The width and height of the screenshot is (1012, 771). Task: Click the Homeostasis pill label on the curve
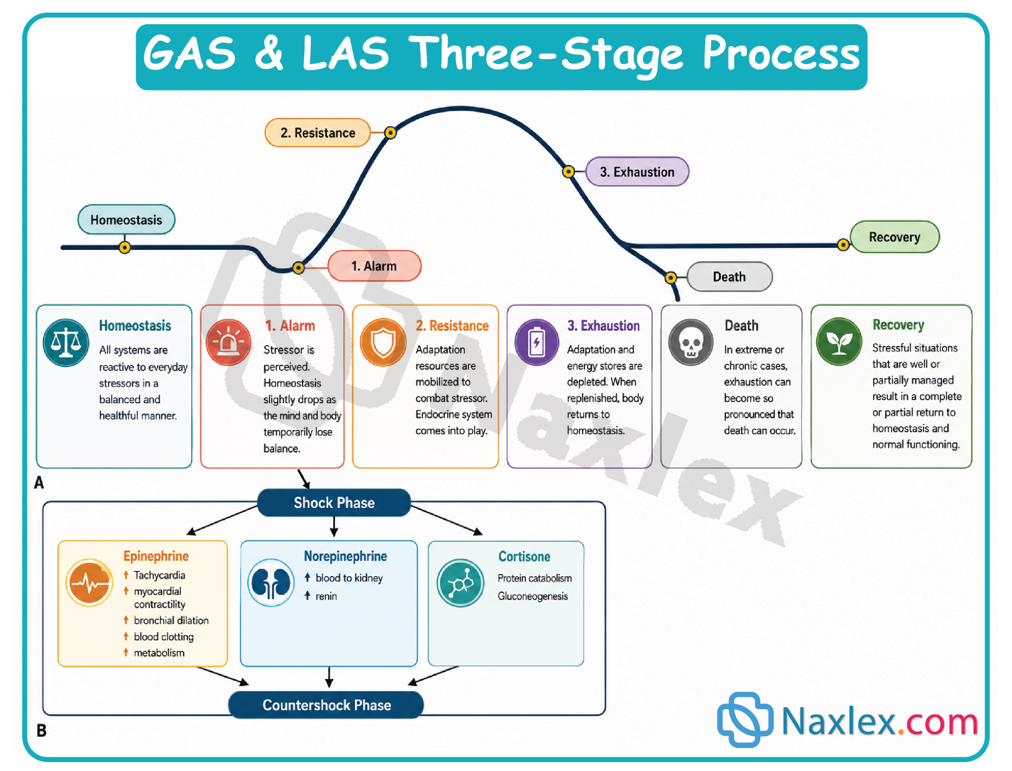point(126,219)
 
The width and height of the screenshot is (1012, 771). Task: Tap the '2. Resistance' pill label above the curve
point(317,132)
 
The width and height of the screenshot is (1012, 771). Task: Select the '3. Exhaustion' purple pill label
point(637,171)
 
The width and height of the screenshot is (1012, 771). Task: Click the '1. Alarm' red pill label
point(374,266)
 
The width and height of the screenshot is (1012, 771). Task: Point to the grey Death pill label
point(729,277)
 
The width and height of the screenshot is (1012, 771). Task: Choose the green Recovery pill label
point(894,237)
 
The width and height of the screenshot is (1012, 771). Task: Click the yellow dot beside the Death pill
point(671,278)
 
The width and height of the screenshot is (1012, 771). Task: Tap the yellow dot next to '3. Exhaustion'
point(568,171)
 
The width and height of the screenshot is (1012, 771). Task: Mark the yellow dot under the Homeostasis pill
point(125,247)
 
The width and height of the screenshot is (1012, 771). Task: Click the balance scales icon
point(66,342)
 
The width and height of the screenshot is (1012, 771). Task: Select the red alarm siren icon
point(228,342)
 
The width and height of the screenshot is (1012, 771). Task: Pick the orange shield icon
point(383,342)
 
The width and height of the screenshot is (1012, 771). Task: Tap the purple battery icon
point(537,342)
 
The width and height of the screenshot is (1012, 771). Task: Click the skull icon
point(691,342)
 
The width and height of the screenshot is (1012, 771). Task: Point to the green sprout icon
point(839,341)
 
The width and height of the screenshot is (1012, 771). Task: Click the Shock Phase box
point(334,502)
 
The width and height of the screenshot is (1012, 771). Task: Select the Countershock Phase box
point(326,704)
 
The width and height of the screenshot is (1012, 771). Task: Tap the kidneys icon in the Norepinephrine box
point(271,583)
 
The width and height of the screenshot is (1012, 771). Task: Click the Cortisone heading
point(524,557)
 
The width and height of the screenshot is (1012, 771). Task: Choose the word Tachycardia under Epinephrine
point(159,575)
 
